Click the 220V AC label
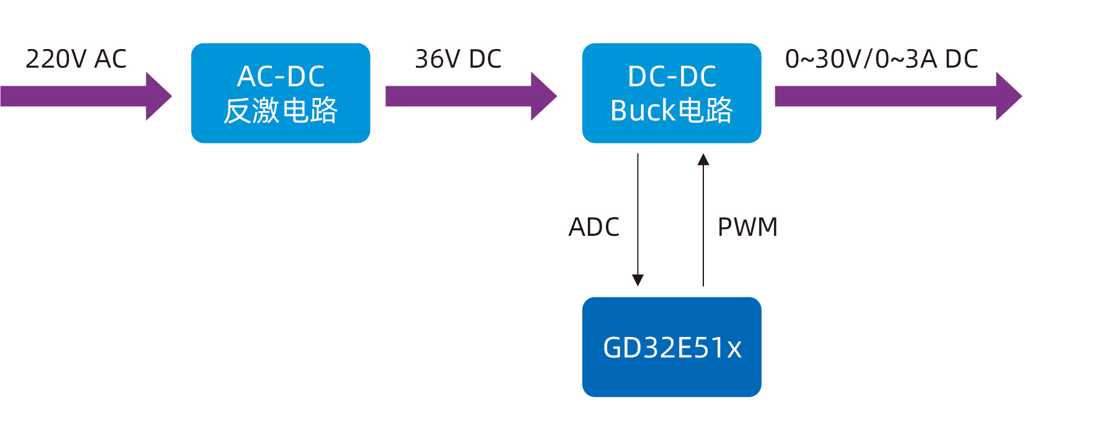(x=76, y=59)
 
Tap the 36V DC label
(x=458, y=59)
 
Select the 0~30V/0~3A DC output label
(x=881, y=59)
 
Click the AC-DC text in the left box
(x=281, y=76)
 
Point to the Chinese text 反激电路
(x=281, y=110)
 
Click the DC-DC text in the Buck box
(x=672, y=76)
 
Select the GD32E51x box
(x=672, y=347)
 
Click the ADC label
(x=594, y=227)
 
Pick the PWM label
(x=747, y=227)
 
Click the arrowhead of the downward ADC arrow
(x=638, y=280)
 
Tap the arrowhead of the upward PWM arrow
(x=703, y=159)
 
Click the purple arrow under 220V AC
(x=81, y=96)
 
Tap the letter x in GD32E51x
(x=734, y=349)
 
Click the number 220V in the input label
(x=56, y=59)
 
